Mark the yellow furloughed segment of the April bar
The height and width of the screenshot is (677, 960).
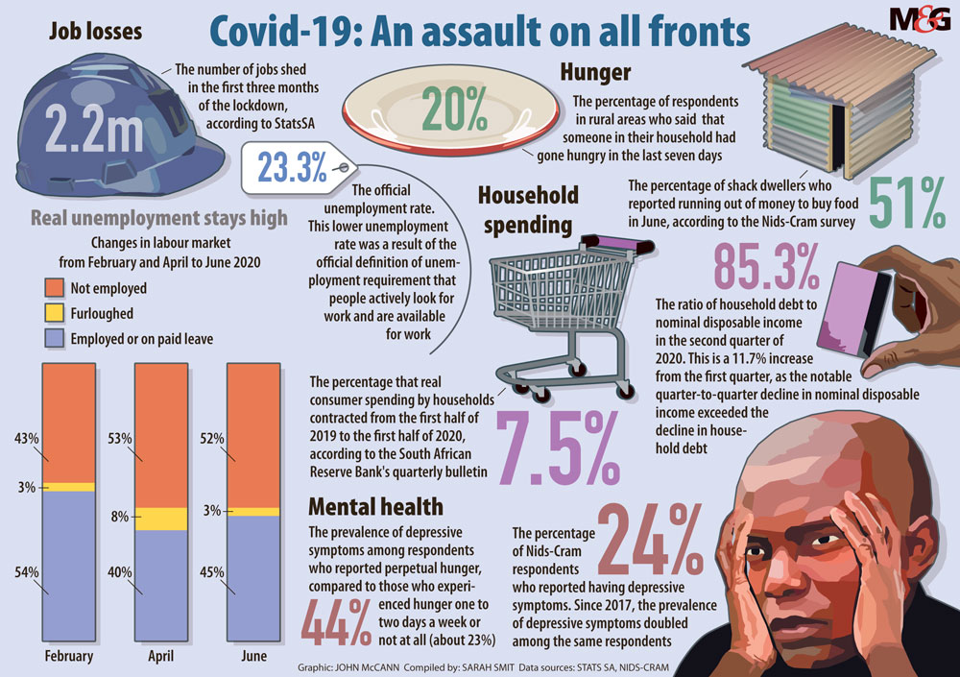tap(161, 519)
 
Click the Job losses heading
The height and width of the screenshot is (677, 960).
tap(96, 32)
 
